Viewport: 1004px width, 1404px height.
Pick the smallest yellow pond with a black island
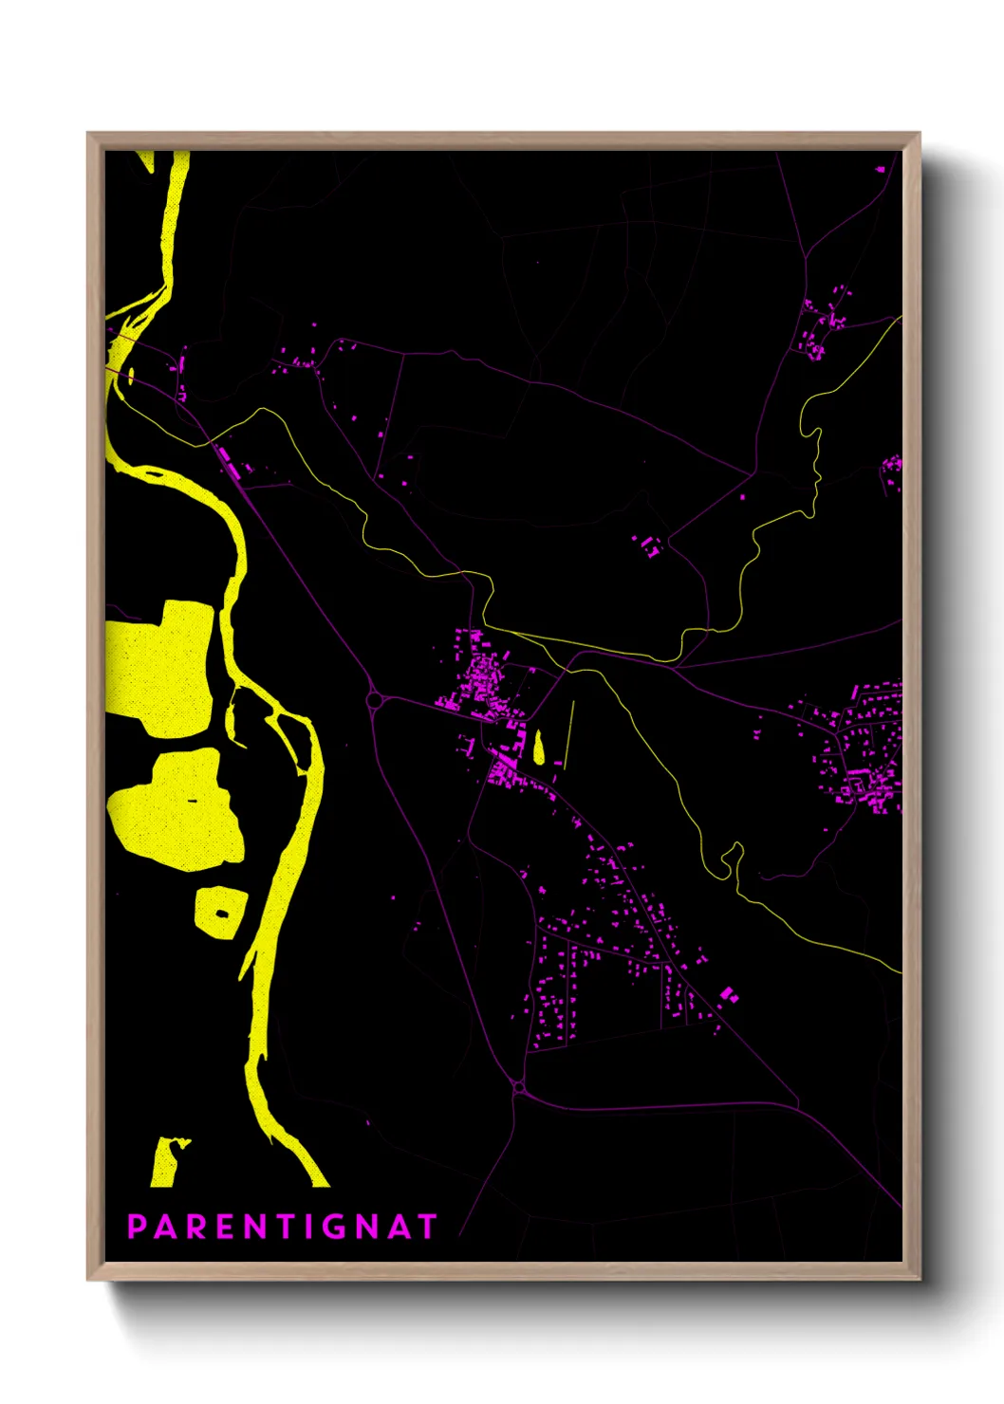[220, 912]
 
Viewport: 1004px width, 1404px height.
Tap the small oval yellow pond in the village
[540, 748]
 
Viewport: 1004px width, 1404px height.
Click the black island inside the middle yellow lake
[193, 801]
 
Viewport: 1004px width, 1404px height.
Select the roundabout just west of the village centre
[375, 701]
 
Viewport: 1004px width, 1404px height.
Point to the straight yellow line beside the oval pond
[569, 732]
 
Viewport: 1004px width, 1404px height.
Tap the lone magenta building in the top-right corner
[881, 170]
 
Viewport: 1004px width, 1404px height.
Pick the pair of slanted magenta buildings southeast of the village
[728, 994]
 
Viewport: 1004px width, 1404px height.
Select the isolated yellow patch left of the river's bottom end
[166, 1162]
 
